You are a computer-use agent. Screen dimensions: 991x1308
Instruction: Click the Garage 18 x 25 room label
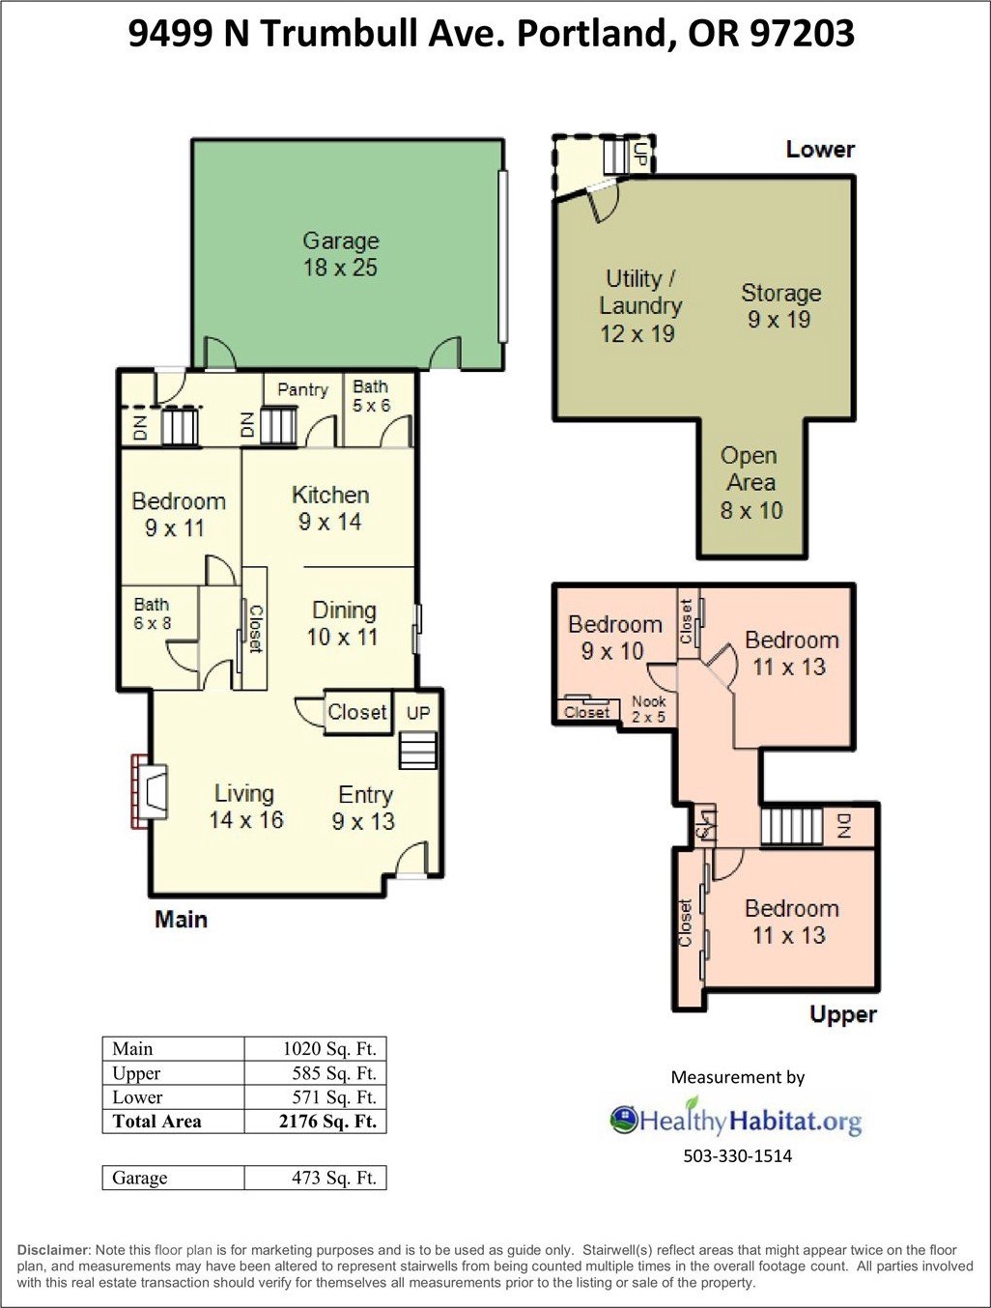click(x=341, y=254)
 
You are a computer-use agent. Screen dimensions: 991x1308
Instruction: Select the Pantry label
click(x=302, y=389)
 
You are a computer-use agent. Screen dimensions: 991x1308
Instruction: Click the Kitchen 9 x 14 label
click(x=330, y=508)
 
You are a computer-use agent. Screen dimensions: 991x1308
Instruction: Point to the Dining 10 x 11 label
click(x=344, y=623)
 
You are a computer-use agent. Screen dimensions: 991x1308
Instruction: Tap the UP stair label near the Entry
click(x=418, y=713)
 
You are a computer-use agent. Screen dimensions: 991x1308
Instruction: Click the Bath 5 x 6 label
click(x=371, y=396)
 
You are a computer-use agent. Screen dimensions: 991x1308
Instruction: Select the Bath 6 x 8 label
click(x=152, y=613)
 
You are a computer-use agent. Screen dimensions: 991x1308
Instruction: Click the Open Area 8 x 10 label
click(x=750, y=483)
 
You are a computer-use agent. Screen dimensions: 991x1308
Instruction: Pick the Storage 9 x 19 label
click(x=780, y=305)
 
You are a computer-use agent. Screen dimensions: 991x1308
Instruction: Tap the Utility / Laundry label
click(x=639, y=292)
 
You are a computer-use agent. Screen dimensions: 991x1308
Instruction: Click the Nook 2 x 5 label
click(x=648, y=709)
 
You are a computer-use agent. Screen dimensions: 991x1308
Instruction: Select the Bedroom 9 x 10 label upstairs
click(x=614, y=638)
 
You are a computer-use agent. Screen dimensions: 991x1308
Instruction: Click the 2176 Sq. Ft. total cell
click(x=327, y=1122)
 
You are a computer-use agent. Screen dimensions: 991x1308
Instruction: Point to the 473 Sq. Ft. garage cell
click(x=333, y=1178)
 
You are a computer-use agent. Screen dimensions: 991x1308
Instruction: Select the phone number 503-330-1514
click(x=737, y=1156)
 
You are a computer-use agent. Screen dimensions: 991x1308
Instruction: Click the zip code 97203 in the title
click(x=802, y=34)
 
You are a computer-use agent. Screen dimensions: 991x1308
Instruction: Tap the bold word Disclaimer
click(x=53, y=1250)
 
